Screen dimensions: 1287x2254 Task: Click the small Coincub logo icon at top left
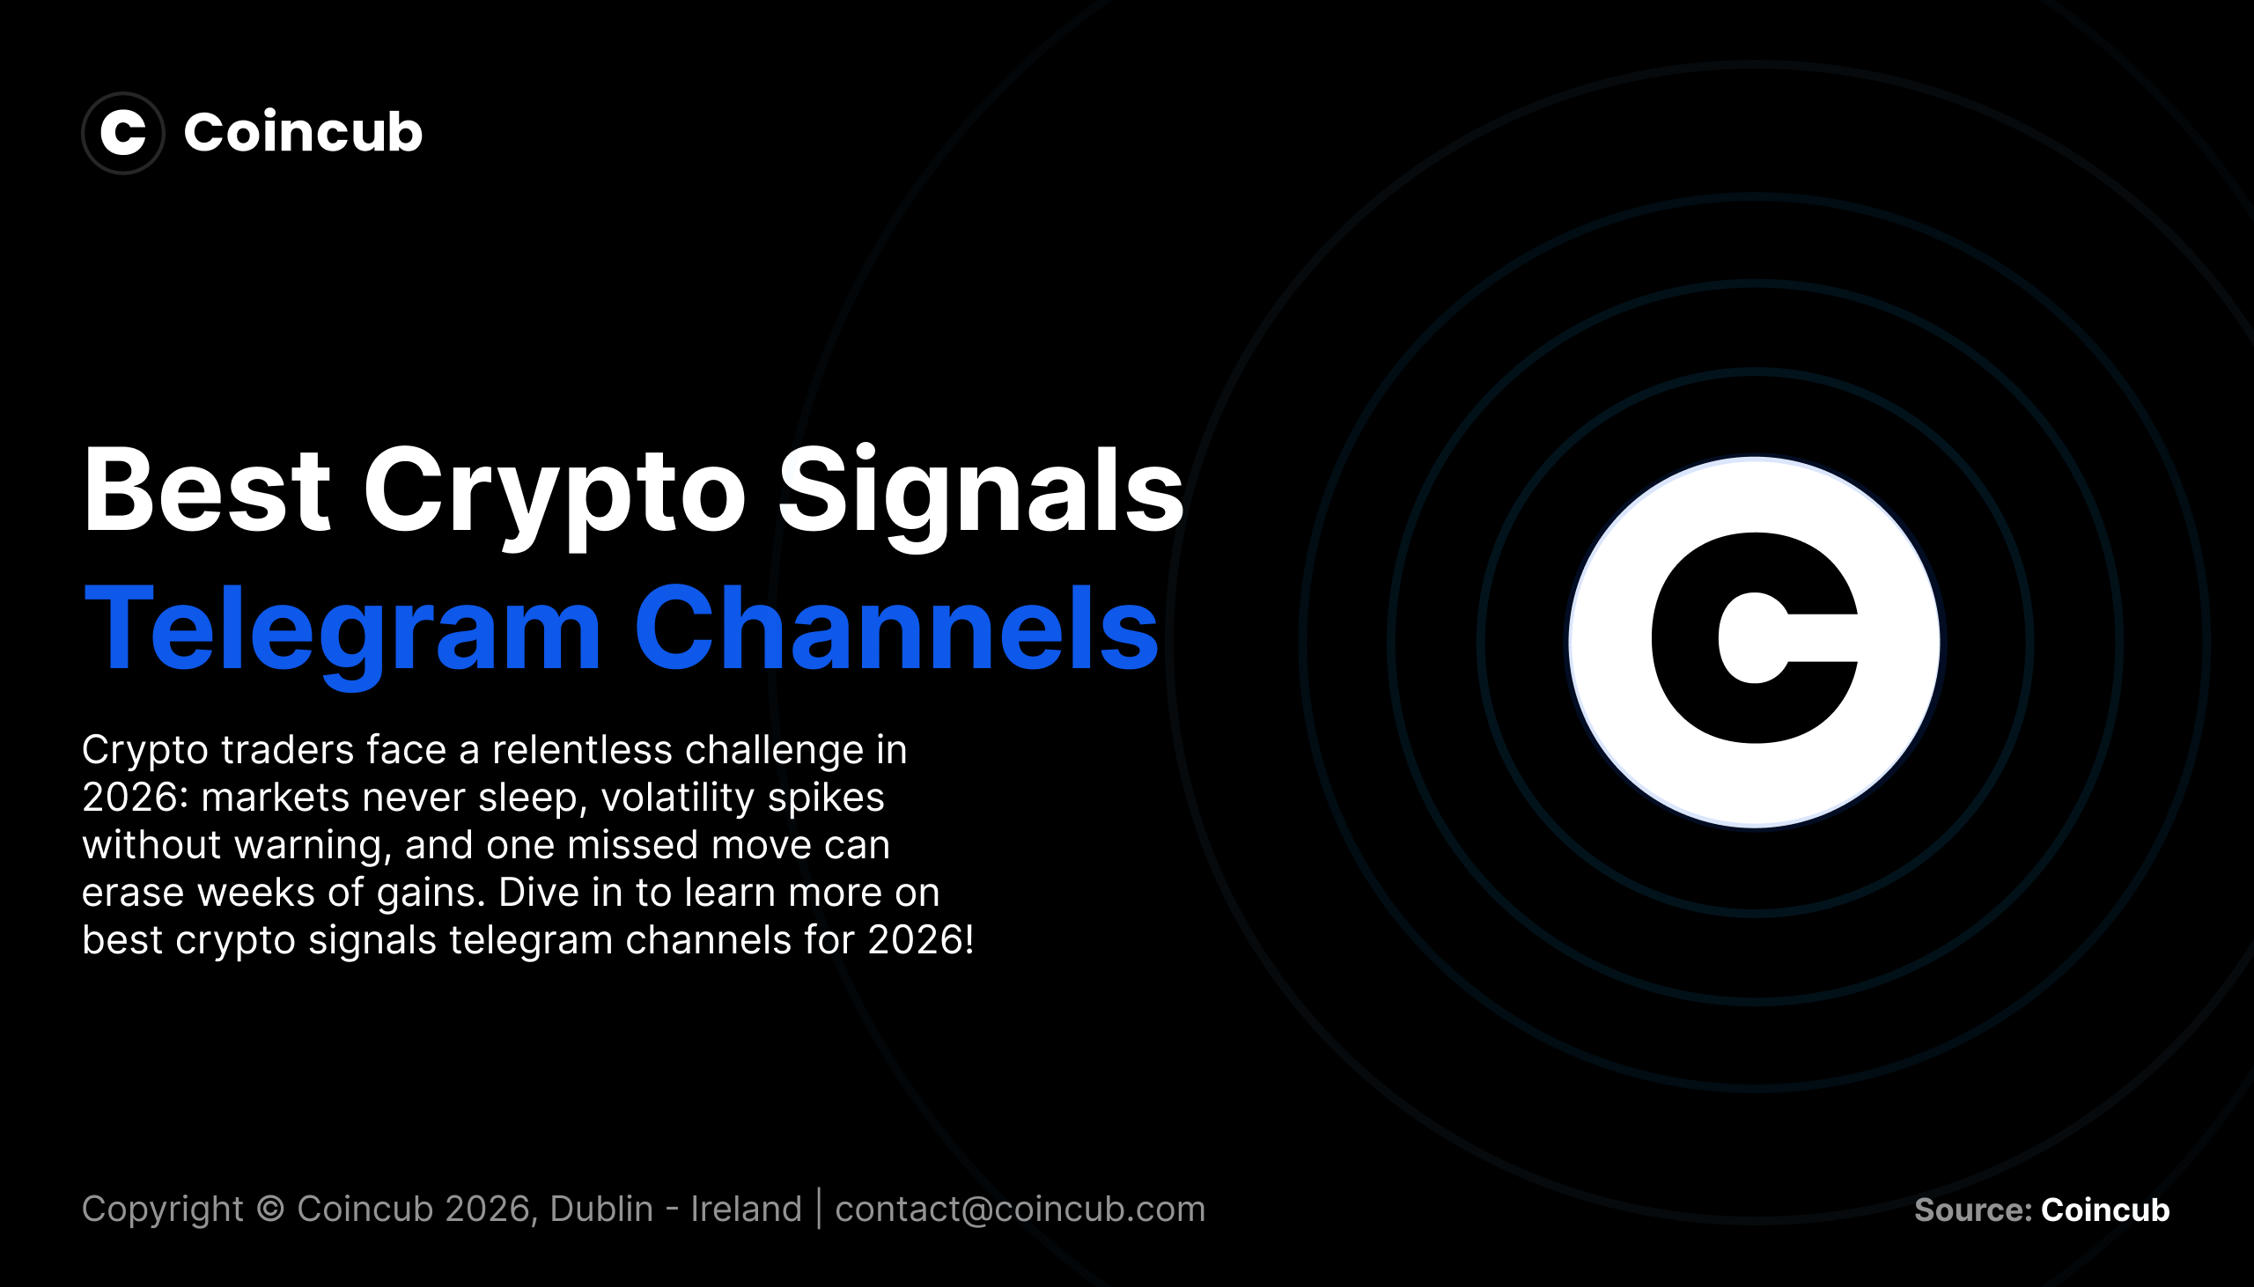point(123,133)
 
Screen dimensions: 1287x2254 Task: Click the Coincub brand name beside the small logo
point(302,133)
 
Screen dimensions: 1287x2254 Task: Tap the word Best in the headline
point(206,491)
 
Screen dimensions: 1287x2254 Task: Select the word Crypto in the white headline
point(554,491)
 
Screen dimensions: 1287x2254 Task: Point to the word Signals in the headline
point(979,491)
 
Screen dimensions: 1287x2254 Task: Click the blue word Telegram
point(343,629)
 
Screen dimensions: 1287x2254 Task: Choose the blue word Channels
point(895,629)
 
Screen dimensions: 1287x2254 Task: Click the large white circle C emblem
point(1754,642)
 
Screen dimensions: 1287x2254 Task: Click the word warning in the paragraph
point(312,846)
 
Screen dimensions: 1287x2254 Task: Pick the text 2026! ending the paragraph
point(920,940)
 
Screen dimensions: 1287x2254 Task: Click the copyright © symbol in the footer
point(269,1209)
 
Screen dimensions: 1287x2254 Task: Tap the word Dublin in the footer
point(601,1209)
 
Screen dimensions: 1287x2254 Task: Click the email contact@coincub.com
point(1020,1209)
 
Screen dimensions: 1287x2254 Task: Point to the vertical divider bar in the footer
point(819,1209)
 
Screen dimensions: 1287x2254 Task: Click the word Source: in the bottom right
point(1971,1210)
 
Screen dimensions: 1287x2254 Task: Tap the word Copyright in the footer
point(162,1209)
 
